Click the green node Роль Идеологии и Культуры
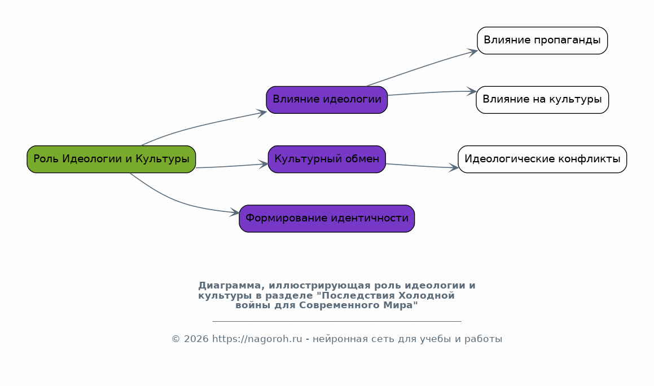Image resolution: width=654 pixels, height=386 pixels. click(111, 159)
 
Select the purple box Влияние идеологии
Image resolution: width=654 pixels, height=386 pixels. click(327, 100)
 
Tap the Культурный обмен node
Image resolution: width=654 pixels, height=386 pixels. click(327, 159)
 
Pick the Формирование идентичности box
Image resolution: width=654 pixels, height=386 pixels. click(327, 219)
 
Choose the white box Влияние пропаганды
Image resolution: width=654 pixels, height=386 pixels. click(542, 41)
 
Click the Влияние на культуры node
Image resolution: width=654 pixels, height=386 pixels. click(542, 100)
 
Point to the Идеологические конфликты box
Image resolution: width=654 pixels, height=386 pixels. click(542, 159)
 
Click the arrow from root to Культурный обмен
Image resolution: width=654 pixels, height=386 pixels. click(231, 166)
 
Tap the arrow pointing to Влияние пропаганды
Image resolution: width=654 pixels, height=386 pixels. click(423, 67)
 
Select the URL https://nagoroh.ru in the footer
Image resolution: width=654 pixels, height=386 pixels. click(257, 339)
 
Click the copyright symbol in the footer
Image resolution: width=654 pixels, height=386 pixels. click(175, 339)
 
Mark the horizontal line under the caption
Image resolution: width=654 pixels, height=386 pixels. click(337, 321)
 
